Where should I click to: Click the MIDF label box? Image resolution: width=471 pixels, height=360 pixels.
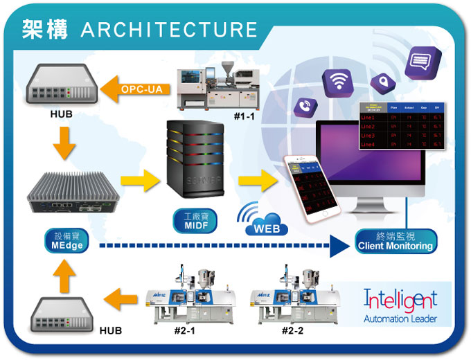point(196,222)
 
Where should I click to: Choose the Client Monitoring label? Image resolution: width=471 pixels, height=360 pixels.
point(395,241)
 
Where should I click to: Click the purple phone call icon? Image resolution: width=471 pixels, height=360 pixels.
point(305,107)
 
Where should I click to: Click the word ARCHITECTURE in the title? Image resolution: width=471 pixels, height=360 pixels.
point(169,30)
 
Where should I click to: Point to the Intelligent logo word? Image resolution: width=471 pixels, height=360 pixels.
point(400,300)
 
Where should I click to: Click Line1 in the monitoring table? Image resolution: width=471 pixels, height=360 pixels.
point(368,118)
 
